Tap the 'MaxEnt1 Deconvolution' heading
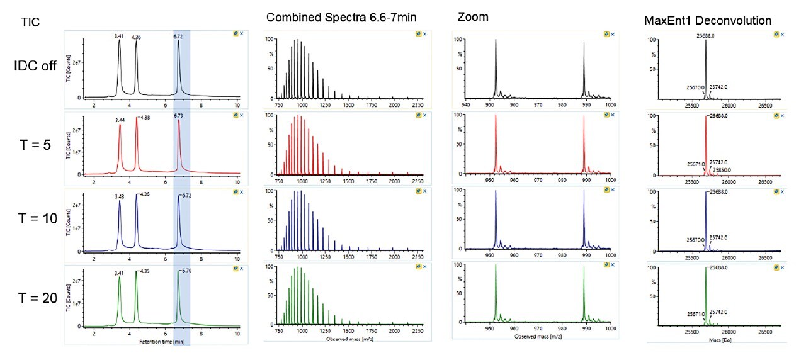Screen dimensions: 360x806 tap(708, 21)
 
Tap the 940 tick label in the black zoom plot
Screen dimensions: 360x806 tap(465, 104)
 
